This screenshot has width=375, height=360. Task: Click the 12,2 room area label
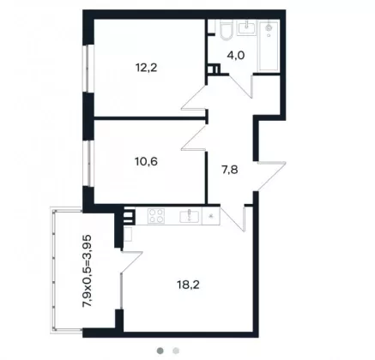(x=147, y=68)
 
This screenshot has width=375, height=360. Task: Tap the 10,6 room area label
(x=146, y=162)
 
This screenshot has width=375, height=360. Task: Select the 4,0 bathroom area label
(x=236, y=56)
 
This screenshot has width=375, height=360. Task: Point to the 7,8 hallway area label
(x=230, y=170)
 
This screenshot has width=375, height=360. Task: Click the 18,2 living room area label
(x=188, y=285)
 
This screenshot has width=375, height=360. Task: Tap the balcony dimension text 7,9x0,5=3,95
(x=87, y=271)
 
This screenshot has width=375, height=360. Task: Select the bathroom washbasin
(x=246, y=27)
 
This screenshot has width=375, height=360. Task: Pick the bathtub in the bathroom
(x=269, y=45)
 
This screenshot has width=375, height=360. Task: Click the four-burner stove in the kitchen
(x=156, y=215)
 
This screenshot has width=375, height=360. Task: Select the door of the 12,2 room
(x=194, y=97)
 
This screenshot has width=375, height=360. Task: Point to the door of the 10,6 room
(x=194, y=138)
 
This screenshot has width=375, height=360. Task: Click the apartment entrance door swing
(x=271, y=176)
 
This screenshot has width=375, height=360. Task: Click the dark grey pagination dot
(x=160, y=351)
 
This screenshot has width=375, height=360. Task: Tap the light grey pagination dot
(x=176, y=351)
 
